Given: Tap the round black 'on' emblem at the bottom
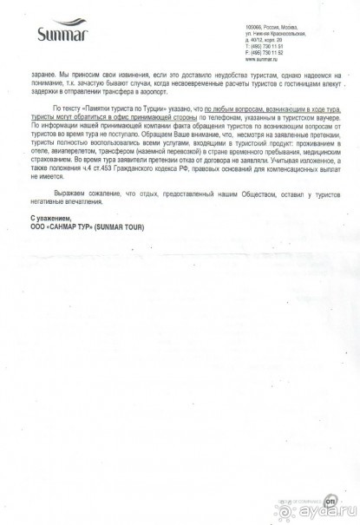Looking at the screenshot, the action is tap(306, 502).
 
